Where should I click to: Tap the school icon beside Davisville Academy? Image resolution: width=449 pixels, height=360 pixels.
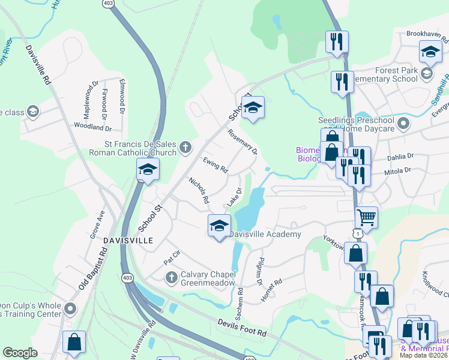[x=219, y=226]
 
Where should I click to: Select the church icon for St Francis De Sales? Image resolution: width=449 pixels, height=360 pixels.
[x=186, y=146]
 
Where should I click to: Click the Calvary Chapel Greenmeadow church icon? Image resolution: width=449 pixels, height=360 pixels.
[x=171, y=277]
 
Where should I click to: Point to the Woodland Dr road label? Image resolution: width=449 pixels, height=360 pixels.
[x=92, y=127]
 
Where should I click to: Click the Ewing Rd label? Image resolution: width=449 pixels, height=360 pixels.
[x=215, y=165]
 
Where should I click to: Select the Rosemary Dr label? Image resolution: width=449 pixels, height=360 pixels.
[x=243, y=142]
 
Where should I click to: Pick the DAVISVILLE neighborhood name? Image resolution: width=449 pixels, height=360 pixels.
[x=128, y=240]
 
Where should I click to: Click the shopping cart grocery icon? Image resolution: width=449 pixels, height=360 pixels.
[x=366, y=217]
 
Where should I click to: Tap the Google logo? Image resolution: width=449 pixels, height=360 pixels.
[x=20, y=353]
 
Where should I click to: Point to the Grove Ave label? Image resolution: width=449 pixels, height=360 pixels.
[x=97, y=224]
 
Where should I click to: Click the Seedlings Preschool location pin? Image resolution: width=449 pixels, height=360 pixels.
[x=403, y=124]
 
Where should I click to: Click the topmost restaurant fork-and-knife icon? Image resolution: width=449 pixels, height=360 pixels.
[x=337, y=41]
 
